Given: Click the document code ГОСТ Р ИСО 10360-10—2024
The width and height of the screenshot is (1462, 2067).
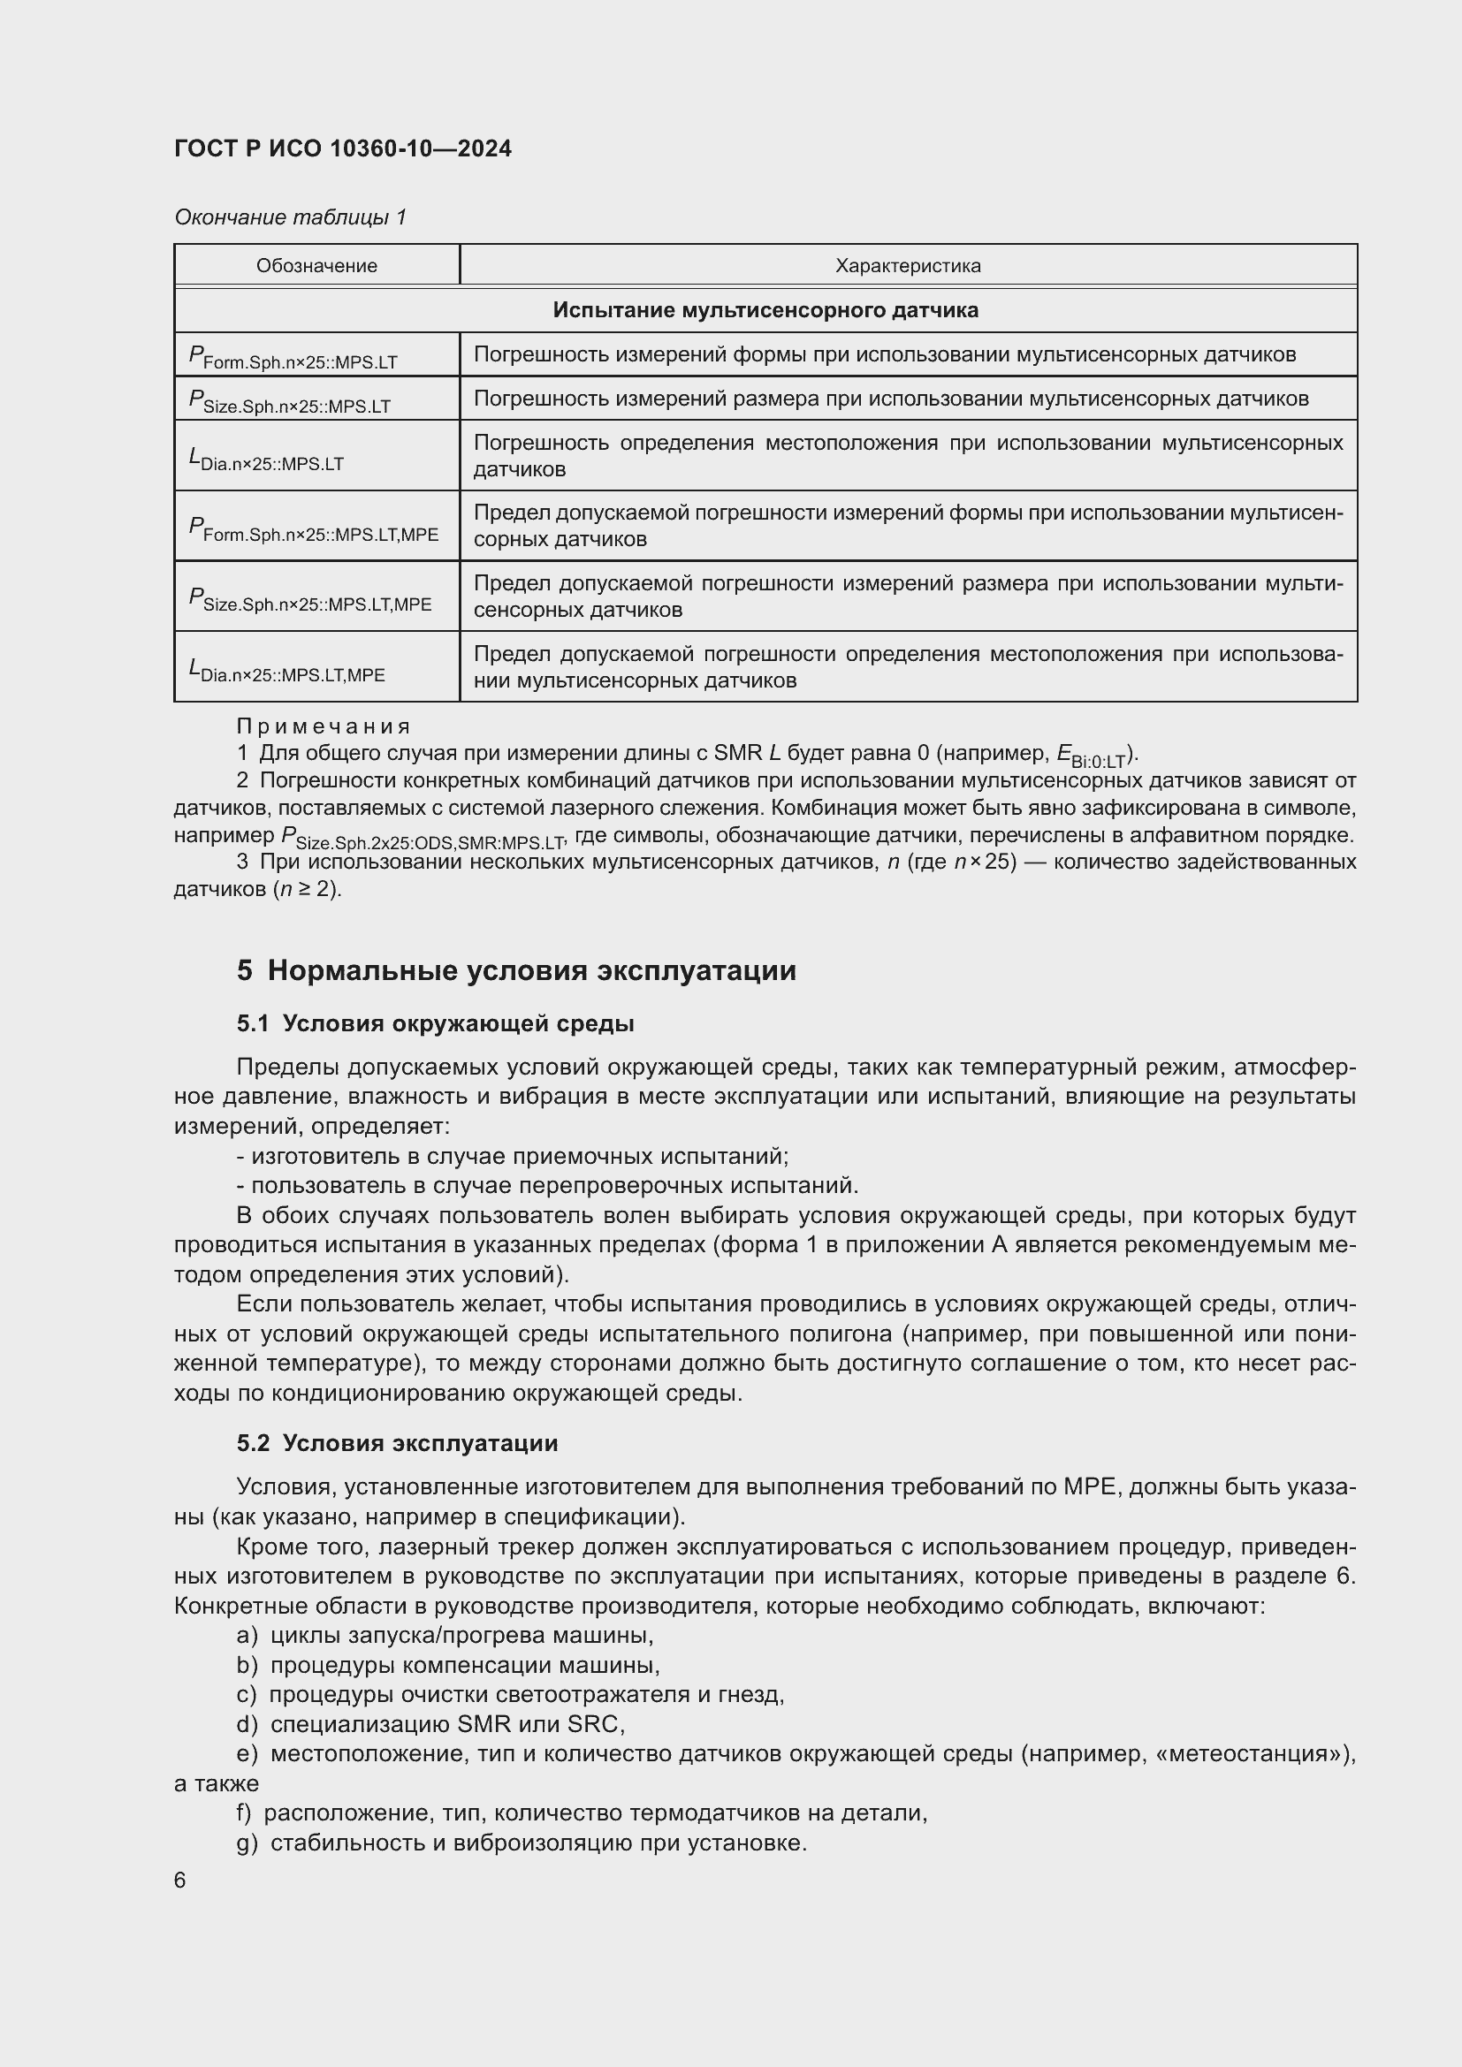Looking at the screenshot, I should (342, 149).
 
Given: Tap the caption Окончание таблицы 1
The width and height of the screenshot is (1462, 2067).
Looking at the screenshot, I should (290, 217).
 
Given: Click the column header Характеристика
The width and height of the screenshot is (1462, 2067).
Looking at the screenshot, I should (908, 266).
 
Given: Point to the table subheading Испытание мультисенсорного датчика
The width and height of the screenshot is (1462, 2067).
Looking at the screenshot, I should (765, 310).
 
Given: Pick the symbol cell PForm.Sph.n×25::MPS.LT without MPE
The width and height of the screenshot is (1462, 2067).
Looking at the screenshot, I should (293, 357).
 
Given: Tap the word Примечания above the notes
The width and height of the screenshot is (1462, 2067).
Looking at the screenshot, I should (324, 726).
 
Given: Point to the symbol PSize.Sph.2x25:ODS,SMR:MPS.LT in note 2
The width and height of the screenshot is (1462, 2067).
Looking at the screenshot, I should (423, 838).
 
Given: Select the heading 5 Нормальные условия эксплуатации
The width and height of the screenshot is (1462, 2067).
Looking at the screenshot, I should (517, 971).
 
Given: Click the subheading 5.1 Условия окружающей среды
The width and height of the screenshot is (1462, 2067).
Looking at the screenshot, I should (436, 1023).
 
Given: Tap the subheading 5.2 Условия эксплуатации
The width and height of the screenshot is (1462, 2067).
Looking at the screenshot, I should (398, 1443).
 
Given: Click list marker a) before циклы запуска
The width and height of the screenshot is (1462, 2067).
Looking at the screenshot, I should (247, 1635).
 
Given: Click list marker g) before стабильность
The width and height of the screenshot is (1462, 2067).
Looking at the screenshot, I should (247, 1843).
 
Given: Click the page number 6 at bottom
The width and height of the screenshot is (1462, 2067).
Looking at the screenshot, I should (180, 1881).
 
